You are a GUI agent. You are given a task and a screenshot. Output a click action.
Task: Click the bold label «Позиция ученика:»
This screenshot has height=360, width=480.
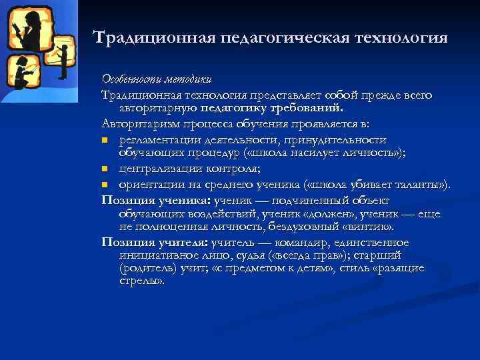(155, 201)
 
